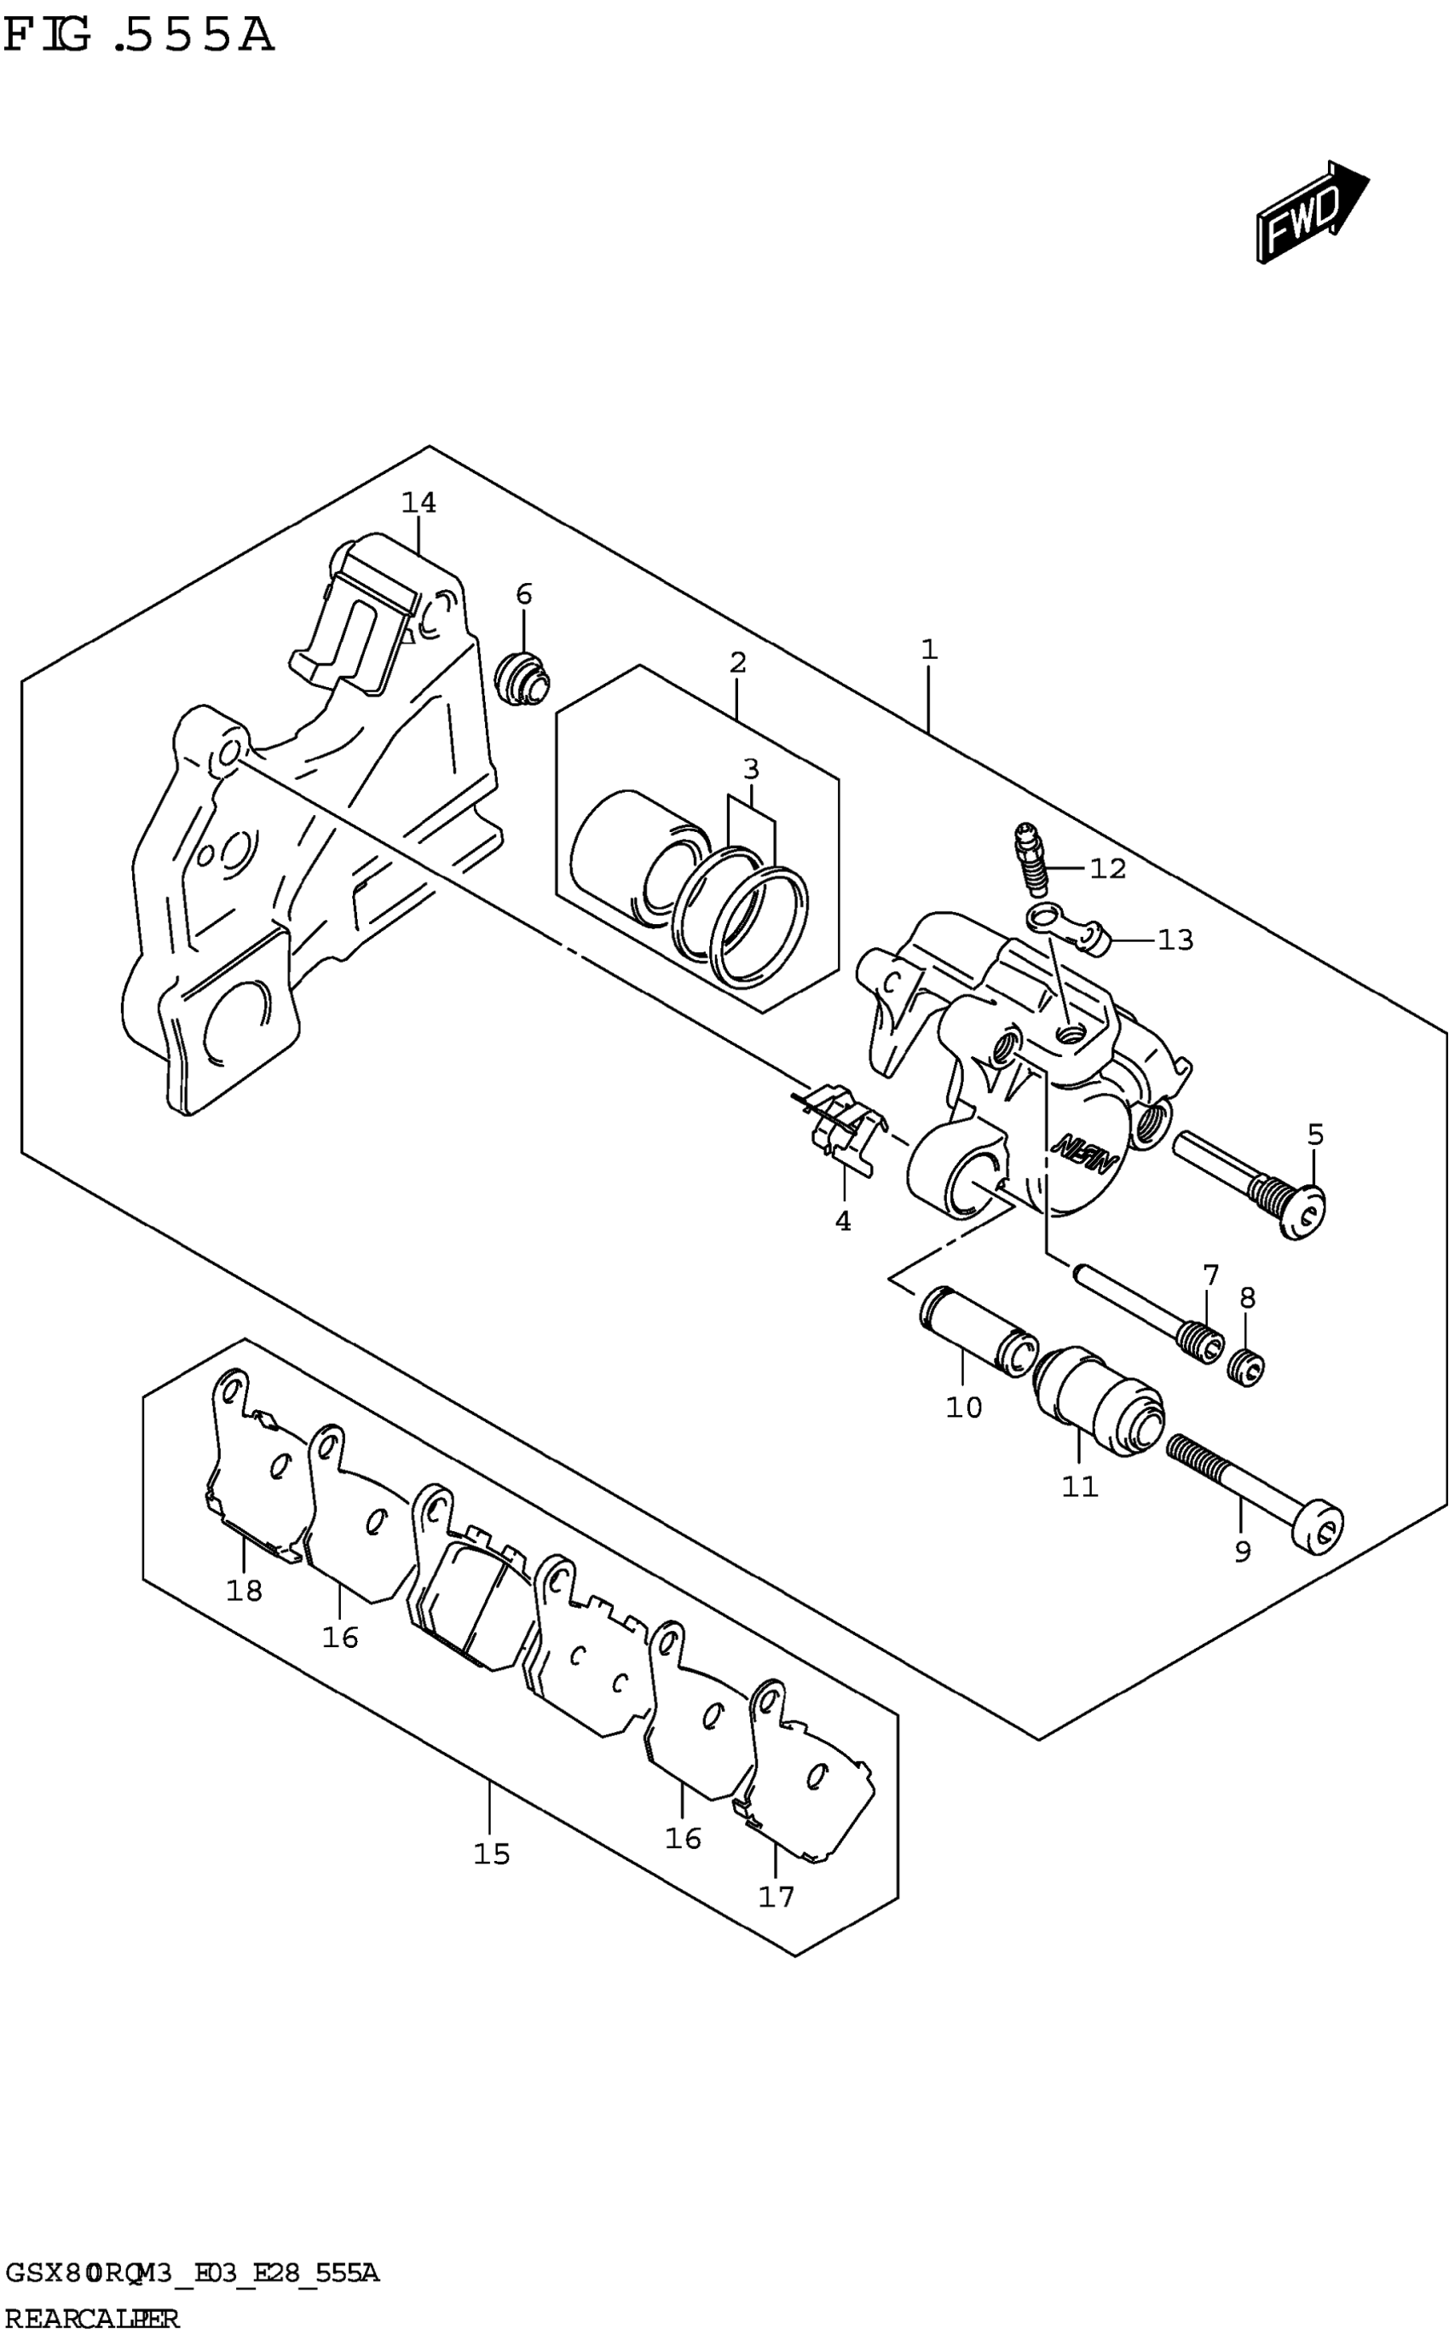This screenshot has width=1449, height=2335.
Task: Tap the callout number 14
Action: [419, 502]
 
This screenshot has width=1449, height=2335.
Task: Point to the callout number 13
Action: [1175, 939]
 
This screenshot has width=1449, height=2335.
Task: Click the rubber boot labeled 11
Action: [1100, 1394]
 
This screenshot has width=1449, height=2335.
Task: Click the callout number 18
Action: [245, 1590]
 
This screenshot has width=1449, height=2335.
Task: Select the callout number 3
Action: [750, 769]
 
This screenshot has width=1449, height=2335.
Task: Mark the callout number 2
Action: [737, 662]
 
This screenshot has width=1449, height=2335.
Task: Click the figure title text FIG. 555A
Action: [139, 37]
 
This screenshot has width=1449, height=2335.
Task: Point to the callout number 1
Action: [927, 650]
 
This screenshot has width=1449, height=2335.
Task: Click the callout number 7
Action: [1210, 1274]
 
